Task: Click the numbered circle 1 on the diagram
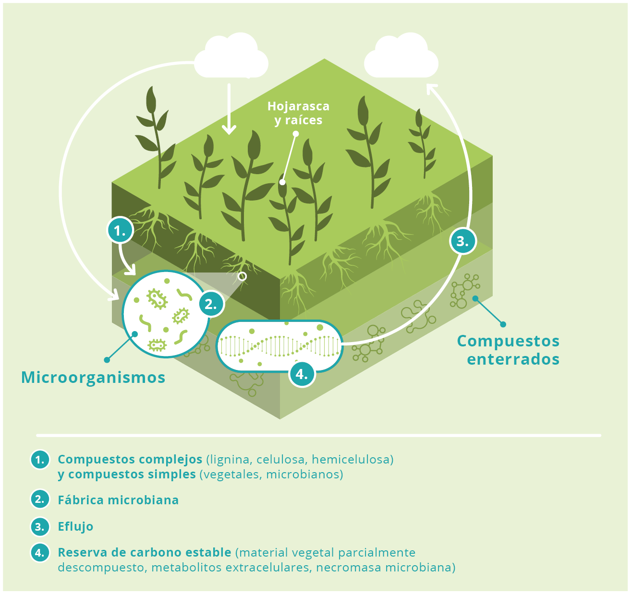coord(120,230)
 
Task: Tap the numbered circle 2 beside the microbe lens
coord(211,304)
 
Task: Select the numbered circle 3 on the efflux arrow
coord(463,241)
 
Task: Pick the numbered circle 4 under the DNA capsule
coord(302,374)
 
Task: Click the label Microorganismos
coord(93,378)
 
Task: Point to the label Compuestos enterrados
coord(508,350)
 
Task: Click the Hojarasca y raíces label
coord(298,113)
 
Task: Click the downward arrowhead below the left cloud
coord(229,130)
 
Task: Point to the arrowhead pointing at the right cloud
coord(431,89)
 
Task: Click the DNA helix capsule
coord(279,346)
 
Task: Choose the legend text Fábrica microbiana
coord(118,500)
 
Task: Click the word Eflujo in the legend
coord(75,526)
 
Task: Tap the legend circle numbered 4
coord(40,552)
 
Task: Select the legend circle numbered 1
coord(40,459)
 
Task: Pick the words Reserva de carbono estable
coord(145,552)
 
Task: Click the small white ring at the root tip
coord(243,276)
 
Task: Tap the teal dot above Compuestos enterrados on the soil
coord(475,298)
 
